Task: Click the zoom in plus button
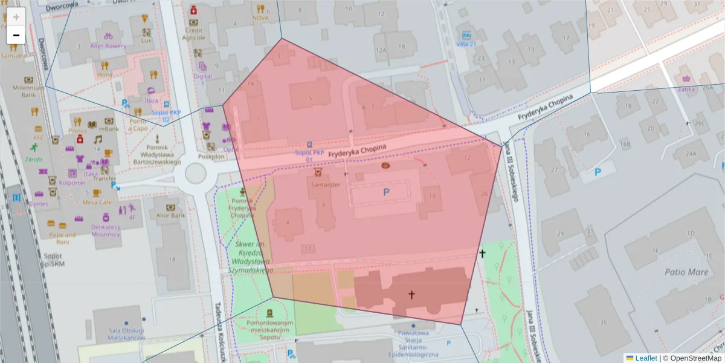tap(16, 17)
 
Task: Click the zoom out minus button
tap(16, 36)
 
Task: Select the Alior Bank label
tap(170, 215)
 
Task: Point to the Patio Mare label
tap(686, 272)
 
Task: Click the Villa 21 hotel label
tap(466, 44)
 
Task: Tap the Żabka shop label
tap(686, 89)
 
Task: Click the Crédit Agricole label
tap(194, 33)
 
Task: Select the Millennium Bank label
tap(29, 91)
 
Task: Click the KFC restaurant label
tap(39, 137)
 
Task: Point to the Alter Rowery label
tap(108, 46)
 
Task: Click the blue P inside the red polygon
tap(386, 192)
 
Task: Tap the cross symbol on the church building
tap(411, 295)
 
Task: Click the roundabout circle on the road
tap(196, 173)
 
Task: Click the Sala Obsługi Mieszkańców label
tap(126, 334)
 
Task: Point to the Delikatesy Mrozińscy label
tap(106, 230)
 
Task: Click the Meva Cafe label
tap(97, 202)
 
